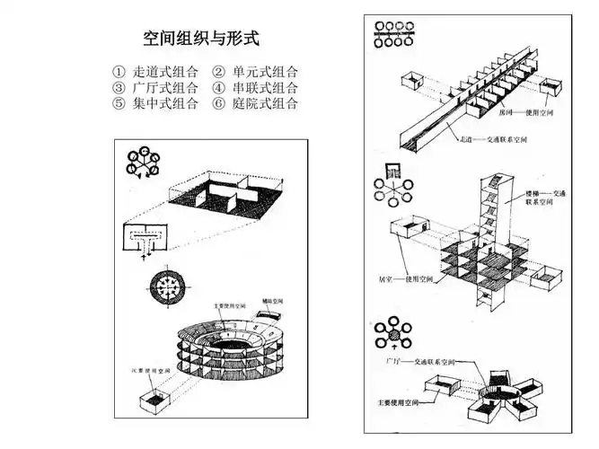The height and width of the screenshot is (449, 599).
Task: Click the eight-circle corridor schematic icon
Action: coord(392,32)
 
